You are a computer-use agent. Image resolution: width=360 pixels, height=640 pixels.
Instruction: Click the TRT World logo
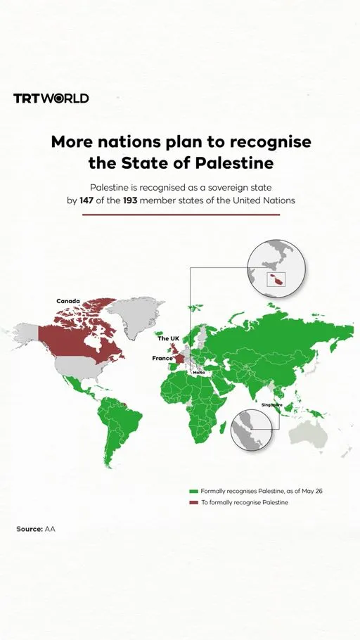point(51,98)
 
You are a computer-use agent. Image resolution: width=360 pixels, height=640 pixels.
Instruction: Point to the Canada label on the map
point(68,301)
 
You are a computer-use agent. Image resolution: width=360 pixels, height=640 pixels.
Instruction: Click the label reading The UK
point(169,339)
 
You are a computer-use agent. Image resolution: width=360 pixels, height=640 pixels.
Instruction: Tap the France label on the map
point(162,358)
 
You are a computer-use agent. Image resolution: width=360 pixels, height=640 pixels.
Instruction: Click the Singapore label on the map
point(271,405)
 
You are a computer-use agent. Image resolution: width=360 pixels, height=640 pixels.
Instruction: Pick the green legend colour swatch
point(193,490)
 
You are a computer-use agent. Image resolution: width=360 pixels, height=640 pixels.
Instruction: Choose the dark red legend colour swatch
point(193,503)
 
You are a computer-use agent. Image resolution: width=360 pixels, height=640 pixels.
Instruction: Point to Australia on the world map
point(309,436)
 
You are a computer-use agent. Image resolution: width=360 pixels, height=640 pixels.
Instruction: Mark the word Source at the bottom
point(29,528)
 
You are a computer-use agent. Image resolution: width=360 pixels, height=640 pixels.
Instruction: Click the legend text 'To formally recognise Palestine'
point(244,503)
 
